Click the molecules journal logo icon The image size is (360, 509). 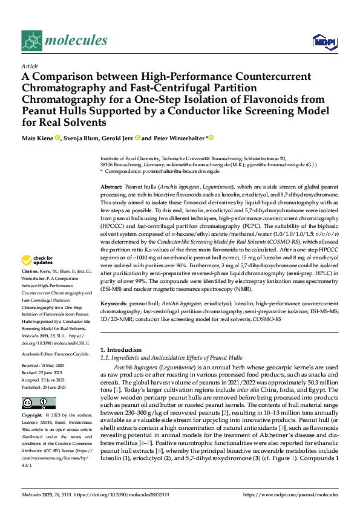32,41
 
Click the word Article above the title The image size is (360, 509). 30,66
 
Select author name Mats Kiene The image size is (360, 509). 38,138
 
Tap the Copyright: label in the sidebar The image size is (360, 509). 33,416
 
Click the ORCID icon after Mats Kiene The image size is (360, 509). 57,138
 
